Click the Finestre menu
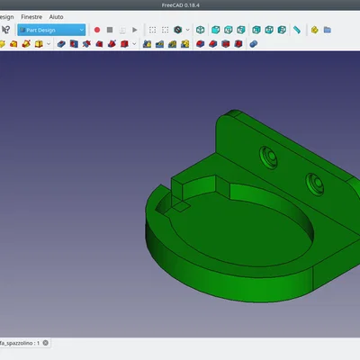(x=31, y=17)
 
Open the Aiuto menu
(x=56, y=17)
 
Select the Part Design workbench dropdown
(x=51, y=30)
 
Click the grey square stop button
(x=110, y=30)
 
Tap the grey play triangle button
(x=135, y=30)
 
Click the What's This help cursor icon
(x=6, y=30)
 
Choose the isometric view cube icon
(x=200, y=30)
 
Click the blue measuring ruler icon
(x=297, y=30)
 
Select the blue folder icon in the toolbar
(x=328, y=30)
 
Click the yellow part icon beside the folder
(x=314, y=30)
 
